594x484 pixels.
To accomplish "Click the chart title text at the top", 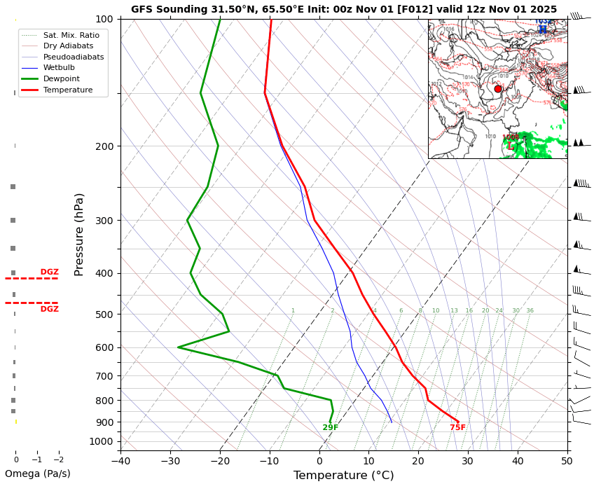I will pos(343,9).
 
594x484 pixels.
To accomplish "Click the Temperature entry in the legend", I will pos(67,90).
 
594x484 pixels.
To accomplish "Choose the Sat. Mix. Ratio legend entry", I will pos(71,34).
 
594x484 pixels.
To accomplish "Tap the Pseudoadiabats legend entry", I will pos(73,57).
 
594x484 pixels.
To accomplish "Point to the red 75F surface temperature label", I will pos(457,428).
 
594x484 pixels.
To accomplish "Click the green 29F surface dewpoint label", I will pos(330,428).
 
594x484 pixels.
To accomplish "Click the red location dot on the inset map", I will pos(498,89).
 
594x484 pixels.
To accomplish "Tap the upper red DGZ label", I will pos(49,272).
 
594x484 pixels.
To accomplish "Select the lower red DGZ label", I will pos(49,309).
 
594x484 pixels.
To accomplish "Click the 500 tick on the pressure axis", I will pos(104,314).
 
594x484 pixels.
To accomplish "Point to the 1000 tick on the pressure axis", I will pos(102,441).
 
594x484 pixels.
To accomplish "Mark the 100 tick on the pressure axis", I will pos(104,19).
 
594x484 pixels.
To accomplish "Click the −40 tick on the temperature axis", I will pos(120,460).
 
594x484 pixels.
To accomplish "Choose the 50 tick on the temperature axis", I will pos(567,460).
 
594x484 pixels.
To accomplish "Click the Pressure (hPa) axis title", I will pos(79,234).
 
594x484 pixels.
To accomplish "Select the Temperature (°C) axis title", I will pos(343,476).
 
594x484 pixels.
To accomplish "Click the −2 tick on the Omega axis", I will pos(59,460).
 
